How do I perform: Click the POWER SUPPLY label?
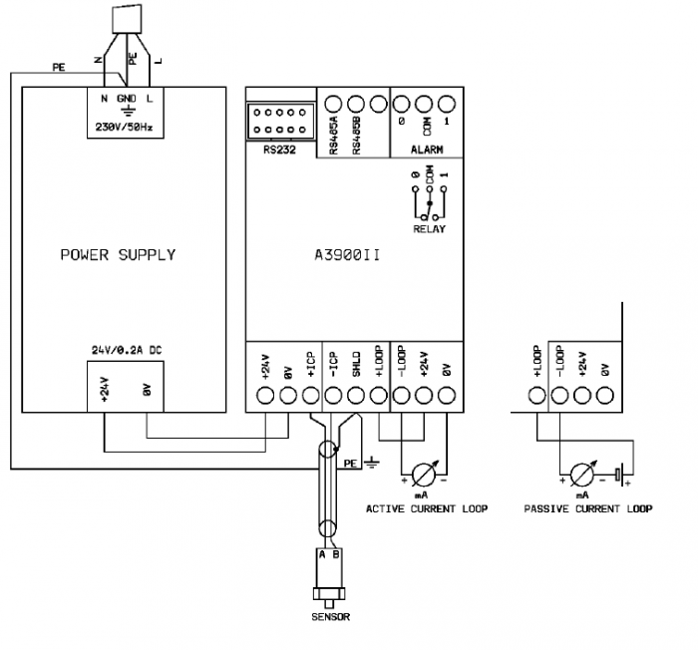[118, 254]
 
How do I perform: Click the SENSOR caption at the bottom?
[330, 617]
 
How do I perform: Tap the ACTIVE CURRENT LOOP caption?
[427, 508]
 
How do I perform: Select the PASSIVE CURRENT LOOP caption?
[587, 508]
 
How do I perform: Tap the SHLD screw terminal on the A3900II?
[356, 395]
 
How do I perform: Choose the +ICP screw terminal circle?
[311, 395]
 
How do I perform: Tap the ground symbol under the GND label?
[128, 114]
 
